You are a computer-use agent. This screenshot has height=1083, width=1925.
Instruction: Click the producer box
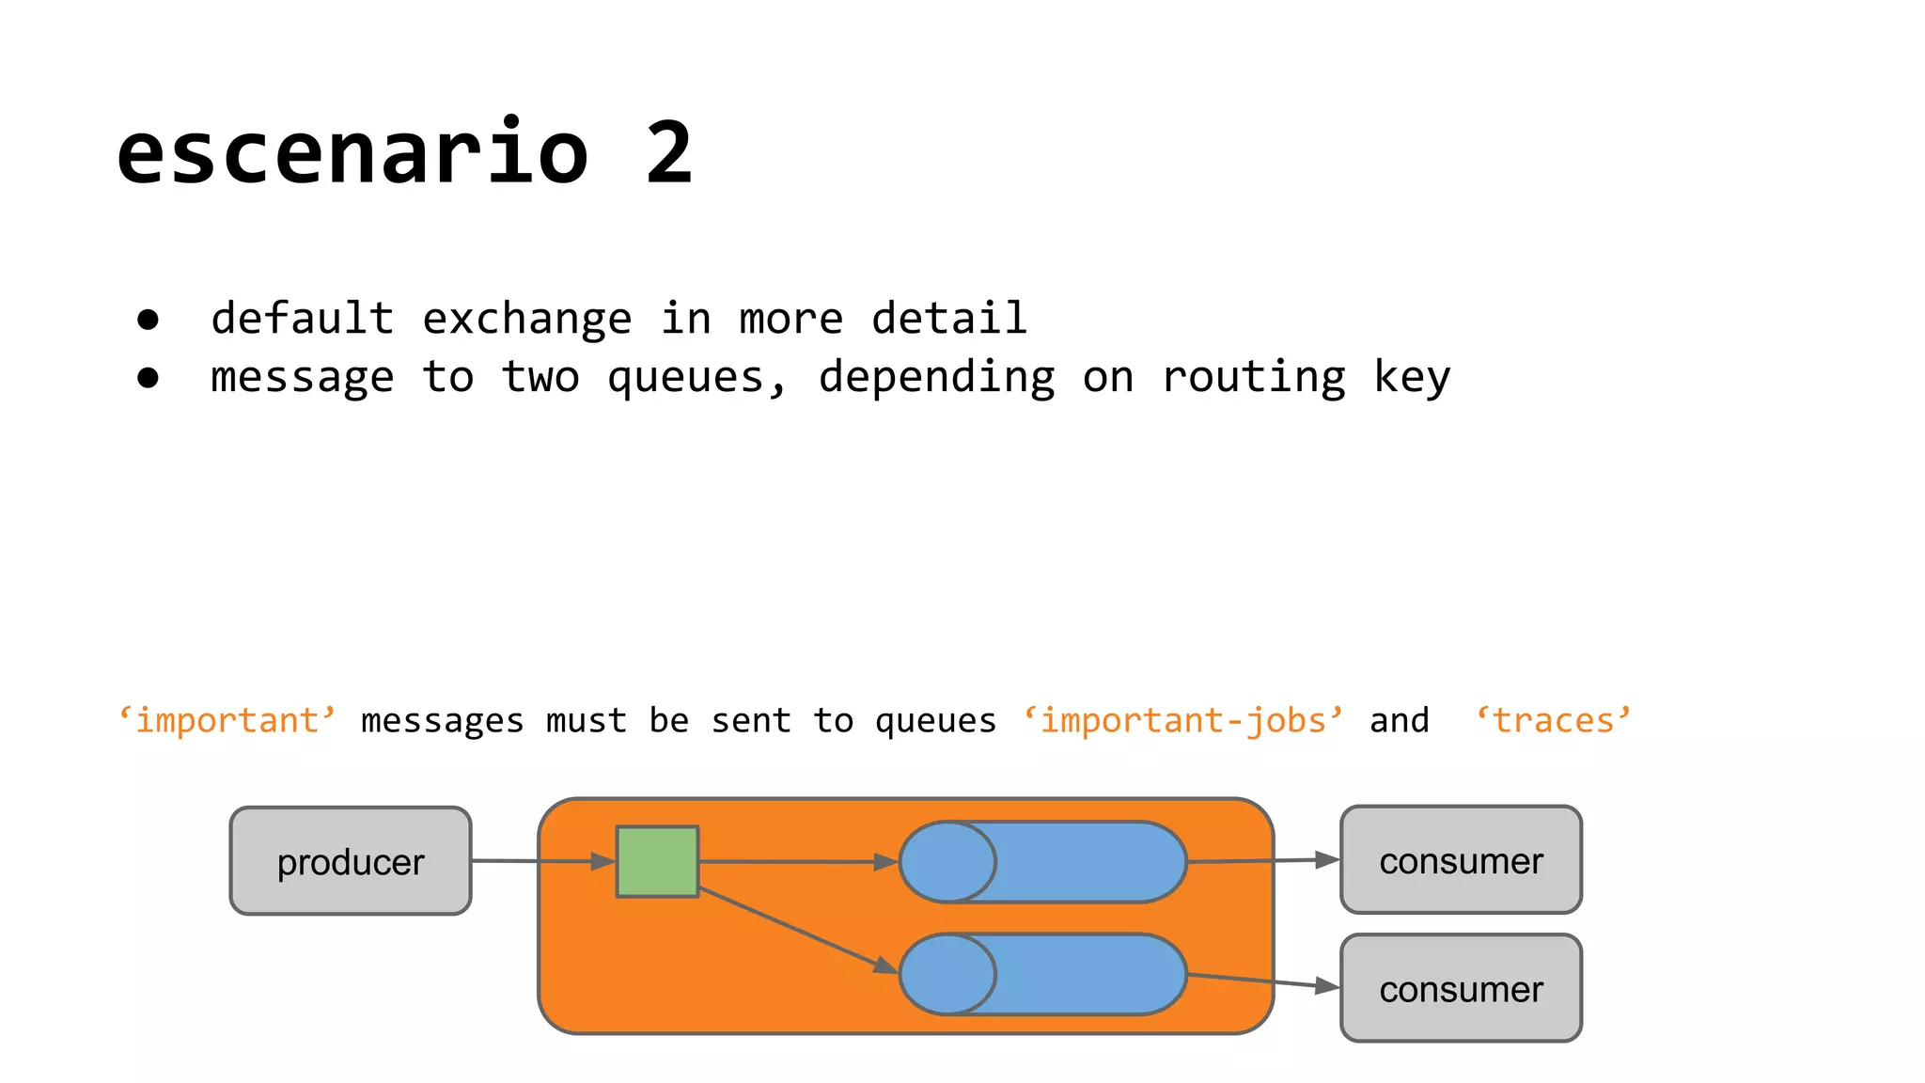point(351,861)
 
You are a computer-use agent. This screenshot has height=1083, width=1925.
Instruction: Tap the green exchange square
point(657,861)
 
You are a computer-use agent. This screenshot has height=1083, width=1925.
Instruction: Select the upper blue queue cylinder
point(1043,862)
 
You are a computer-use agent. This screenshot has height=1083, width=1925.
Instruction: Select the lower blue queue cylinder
point(1043,974)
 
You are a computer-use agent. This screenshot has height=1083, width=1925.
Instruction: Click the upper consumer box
point(1461,860)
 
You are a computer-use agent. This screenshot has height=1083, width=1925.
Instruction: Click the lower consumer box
point(1461,988)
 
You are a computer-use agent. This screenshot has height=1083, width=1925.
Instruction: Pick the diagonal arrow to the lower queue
point(799,931)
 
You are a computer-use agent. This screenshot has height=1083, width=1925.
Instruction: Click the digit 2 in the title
point(669,153)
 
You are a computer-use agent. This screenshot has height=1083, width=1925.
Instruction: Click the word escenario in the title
point(352,153)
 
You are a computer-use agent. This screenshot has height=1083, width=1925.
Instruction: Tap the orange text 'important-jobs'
point(1182,721)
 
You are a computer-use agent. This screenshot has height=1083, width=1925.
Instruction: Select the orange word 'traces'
point(1553,721)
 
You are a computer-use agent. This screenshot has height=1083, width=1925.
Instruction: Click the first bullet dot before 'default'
point(148,320)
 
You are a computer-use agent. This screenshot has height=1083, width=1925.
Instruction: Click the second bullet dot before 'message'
point(148,378)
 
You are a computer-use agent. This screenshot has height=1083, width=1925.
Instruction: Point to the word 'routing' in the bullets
point(1254,378)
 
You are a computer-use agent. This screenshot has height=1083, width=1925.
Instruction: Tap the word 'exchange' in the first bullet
point(526,320)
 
